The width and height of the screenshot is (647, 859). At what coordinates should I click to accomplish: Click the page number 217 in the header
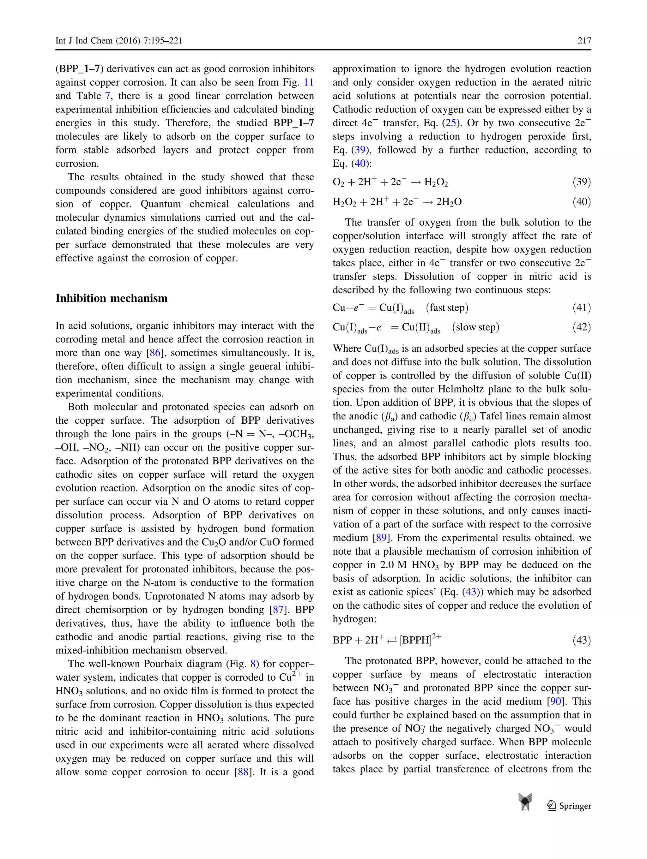point(584,41)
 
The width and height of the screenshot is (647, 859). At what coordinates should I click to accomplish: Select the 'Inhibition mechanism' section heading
point(112,298)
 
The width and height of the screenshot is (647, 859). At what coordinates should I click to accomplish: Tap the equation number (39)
point(582,182)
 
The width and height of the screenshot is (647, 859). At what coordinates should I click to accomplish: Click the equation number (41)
point(582,307)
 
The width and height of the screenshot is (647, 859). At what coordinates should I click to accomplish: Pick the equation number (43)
point(582,640)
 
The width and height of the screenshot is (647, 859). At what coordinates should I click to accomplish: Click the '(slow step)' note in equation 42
point(476,327)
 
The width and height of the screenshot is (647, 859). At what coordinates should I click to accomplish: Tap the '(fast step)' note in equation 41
point(447,307)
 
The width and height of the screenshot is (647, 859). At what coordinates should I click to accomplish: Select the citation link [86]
point(155,353)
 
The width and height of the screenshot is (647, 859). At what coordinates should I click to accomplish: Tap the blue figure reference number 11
point(309,82)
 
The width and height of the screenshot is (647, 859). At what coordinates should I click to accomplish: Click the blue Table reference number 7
point(108,96)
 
